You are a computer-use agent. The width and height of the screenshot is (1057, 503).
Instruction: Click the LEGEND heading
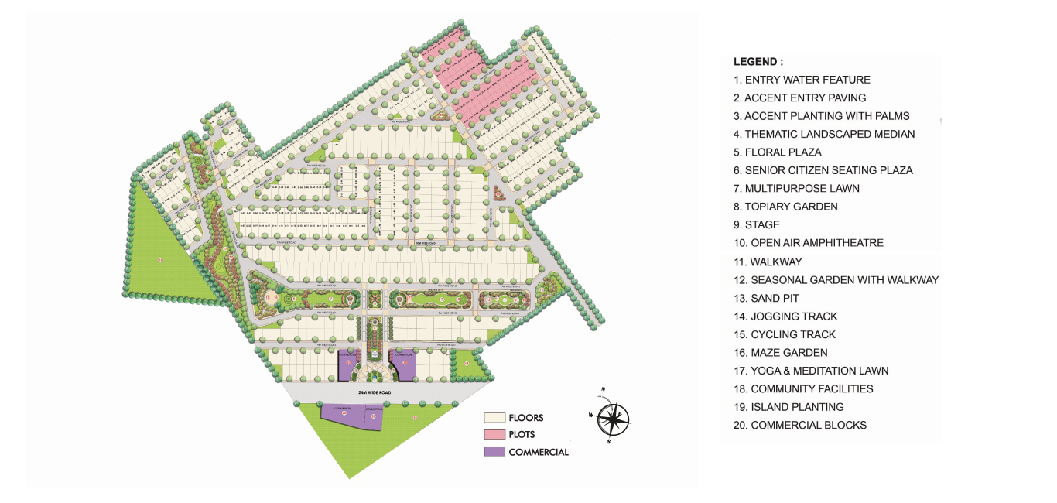(x=758, y=61)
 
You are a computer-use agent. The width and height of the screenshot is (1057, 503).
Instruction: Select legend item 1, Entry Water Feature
(x=802, y=80)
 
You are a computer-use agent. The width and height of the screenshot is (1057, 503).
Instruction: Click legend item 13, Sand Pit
(x=766, y=298)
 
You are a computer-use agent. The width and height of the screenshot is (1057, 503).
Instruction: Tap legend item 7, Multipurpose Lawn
(x=796, y=188)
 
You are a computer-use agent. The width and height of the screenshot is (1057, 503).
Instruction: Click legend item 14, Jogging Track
(x=785, y=317)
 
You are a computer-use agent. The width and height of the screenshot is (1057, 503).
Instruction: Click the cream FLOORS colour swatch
(x=494, y=418)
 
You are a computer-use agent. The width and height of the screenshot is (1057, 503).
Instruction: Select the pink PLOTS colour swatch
(x=494, y=434)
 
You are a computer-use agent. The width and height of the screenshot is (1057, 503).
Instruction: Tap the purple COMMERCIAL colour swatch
(x=494, y=452)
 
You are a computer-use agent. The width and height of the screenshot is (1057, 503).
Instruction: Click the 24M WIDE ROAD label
(x=375, y=393)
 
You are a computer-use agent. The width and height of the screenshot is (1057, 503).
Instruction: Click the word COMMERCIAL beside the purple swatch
(x=538, y=452)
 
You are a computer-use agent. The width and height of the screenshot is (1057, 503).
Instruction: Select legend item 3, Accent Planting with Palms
(x=821, y=116)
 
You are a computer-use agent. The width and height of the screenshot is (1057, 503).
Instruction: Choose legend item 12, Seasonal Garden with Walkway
(x=836, y=280)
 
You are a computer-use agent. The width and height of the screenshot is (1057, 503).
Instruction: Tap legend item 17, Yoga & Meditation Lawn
(x=811, y=371)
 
